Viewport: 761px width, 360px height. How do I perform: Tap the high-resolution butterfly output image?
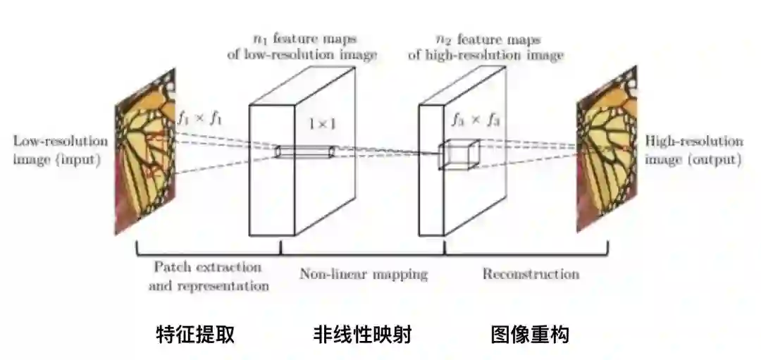pyautogui.click(x=605, y=155)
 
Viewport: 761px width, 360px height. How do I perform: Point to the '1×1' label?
pyautogui.click(x=323, y=124)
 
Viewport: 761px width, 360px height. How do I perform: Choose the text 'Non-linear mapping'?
pyautogui.click(x=363, y=273)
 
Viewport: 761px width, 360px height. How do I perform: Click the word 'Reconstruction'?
pyautogui.click(x=531, y=273)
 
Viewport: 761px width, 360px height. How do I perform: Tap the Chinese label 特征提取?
pyautogui.click(x=194, y=335)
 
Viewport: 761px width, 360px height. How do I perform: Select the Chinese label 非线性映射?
pyautogui.click(x=362, y=335)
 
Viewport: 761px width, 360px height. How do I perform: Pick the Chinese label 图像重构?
pyautogui.click(x=529, y=335)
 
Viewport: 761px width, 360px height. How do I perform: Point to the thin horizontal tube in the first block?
pyautogui.click(x=304, y=151)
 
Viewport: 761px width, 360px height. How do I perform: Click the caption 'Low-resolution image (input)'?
pyautogui.click(x=61, y=150)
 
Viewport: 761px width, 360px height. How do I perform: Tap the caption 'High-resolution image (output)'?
pyautogui.click(x=694, y=150)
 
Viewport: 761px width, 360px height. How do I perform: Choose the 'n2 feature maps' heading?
pyautogui.click(x=485, y=46)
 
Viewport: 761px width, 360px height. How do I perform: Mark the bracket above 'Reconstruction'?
pyautogui.click(x=526, y=252)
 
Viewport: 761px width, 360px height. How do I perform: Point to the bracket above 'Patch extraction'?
pyautogui.click(x=208, y=252)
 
